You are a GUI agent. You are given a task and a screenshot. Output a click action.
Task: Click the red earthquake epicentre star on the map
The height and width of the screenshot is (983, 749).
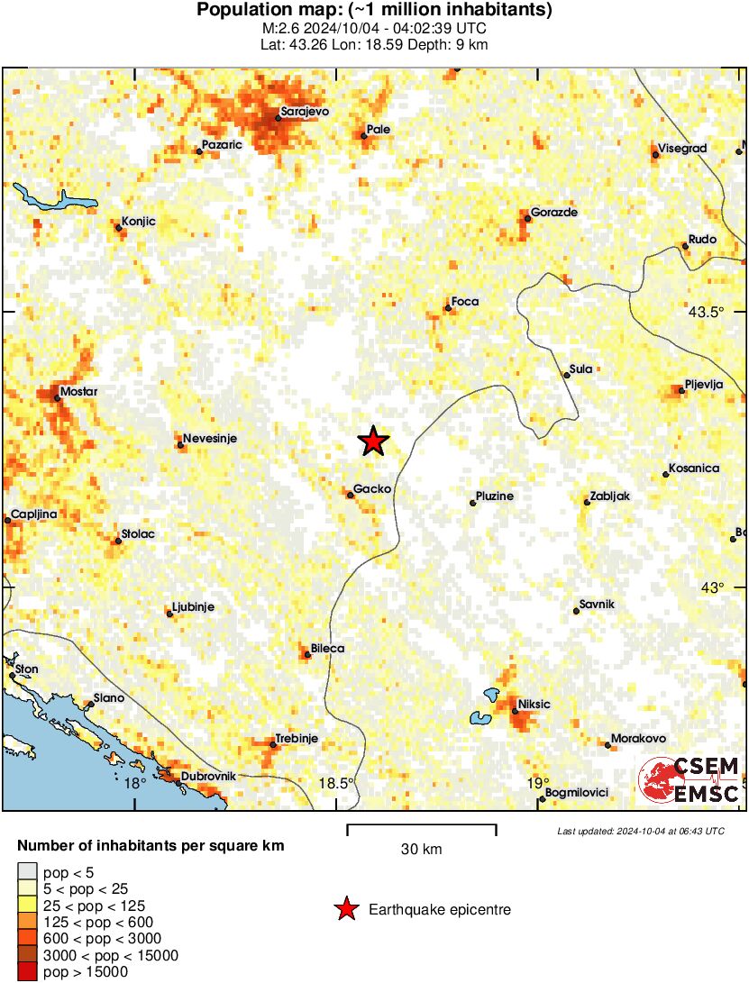pyautogui.click(x=372, y=441)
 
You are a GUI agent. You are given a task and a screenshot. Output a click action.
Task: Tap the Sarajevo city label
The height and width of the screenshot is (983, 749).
pyautogui.click(x=305, y=112)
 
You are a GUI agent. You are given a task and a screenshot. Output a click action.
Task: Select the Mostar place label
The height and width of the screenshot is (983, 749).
pyautogui.click(x=78, y=392)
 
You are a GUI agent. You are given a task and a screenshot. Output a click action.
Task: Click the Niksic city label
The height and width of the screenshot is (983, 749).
pyautogui.click(x=534, y=704)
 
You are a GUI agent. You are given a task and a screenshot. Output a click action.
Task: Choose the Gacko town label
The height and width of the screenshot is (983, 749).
pyautogui.click(x=372, y=488)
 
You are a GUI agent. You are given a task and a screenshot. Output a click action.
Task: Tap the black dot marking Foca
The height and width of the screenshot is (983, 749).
pyautogui.click(x=447, y=309)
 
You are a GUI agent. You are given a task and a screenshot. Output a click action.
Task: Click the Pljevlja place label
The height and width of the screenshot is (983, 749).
pyautogui.click(x=705, y=384)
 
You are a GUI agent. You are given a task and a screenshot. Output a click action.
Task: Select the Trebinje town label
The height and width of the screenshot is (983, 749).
pyautogui.click(x=297, y=738)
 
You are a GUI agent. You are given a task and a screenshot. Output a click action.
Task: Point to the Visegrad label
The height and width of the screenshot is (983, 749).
pyautogui.click(x=682, y=148)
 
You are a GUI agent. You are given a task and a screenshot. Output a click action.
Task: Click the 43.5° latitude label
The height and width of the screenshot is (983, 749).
pyautogui.click(x=706, y=314)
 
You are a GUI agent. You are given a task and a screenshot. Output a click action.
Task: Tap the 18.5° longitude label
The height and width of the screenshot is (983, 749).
pyautogui.click(x=337, y=783)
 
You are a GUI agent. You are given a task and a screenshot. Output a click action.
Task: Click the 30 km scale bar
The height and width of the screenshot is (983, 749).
pyautogui.click(x=421, y=825)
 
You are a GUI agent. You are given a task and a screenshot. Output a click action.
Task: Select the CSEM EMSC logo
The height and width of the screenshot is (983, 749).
pyautogui.click(x=690, y=779)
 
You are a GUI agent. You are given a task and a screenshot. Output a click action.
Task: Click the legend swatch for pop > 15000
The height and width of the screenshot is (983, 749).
pyautogui.click(x=28, y=971)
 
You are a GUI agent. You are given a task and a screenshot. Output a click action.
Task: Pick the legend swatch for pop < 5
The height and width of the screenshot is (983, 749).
pyautogui.click(x=28, y=872)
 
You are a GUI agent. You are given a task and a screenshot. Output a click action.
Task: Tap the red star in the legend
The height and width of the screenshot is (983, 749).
pyautogui.click(x=345, y=910)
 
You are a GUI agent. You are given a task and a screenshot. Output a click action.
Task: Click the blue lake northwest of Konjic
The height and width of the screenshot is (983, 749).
pyautogui.click(x=45, y=196)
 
